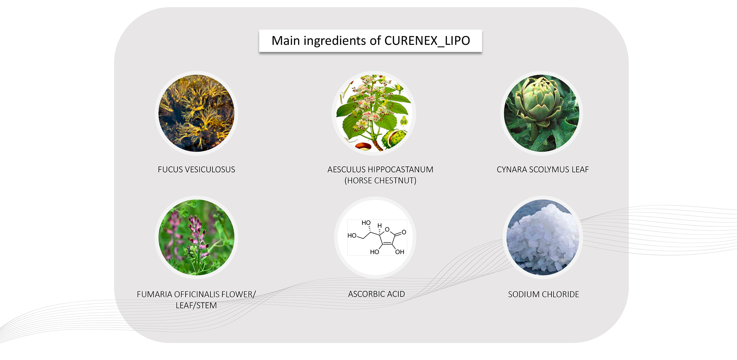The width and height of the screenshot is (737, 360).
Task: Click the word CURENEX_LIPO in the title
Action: pos(427,41)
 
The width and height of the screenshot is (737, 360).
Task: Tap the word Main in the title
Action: pos(286,41)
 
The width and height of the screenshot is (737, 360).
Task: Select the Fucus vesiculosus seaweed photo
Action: pos(196,113)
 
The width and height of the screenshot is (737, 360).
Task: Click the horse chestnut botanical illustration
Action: pos(374,113)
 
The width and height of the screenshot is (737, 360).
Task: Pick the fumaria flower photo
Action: pos(196,237)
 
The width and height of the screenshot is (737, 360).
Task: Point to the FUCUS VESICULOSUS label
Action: pos(196,169)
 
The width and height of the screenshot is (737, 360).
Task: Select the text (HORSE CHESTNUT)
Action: pos(381,181)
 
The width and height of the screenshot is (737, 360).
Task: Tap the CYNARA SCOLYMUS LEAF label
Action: pos(543,169)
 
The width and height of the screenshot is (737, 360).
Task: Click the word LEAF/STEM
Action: pos(196,305)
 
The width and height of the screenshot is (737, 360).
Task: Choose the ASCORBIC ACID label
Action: pos(377,294)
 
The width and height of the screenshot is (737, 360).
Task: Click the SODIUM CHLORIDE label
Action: pos(543,294)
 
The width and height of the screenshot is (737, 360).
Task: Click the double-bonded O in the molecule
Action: pos(404,232)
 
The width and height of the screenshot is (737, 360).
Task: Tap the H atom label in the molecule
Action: pos(380,225)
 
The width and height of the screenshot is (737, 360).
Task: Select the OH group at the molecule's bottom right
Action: pos(400,252)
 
